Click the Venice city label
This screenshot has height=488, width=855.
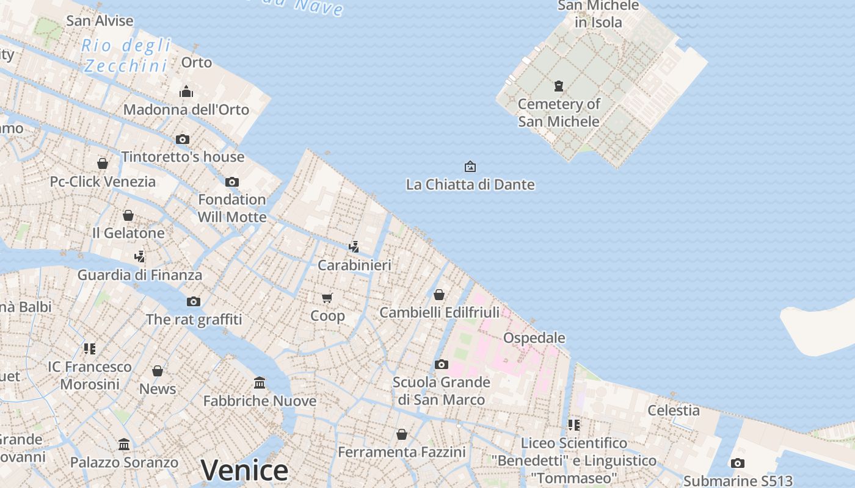tap(244, 470)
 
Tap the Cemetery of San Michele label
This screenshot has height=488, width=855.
tap(559, 113)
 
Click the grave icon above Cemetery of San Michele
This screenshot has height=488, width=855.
tap(558, 86)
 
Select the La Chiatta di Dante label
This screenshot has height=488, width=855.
tap(470, 184)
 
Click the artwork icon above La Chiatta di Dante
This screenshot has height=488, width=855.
tap(470, 166)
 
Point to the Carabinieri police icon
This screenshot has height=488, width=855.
tap(354, 246)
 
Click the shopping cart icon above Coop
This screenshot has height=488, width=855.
tap(327, 298)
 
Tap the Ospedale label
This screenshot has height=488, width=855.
tap(534, 338)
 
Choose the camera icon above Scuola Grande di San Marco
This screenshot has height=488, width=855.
tap(441, 365)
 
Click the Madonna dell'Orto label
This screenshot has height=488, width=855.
tap(186, 110)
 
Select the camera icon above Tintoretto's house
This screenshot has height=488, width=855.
tap(183, 139)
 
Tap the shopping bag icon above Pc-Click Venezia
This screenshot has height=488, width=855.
tap(103, 163)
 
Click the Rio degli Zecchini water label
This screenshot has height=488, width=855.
tap(126, 56)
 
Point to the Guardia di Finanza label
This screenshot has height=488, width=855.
tap(139, 275)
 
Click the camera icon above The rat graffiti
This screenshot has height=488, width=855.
tap(194, 301)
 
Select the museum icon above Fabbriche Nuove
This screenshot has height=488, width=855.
tap(260, 382)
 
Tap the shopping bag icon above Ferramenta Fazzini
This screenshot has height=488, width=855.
tap(401, 434)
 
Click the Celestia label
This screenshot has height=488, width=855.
tap(674, 411)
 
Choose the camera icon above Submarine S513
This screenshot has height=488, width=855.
tap(738, 463)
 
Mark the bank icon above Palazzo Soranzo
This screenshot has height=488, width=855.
tap(124, 444)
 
